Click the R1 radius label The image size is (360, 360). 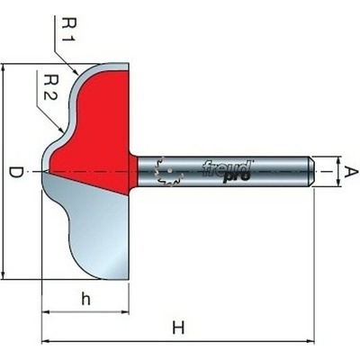click(68, 30)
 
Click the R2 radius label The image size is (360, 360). click(50, 87)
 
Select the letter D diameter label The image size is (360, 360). click(15, 172)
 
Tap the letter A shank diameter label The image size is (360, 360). click(351, 172)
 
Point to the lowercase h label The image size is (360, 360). click(85, 299)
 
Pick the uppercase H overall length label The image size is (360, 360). click(178, 328)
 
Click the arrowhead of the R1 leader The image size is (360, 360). click(76, 71)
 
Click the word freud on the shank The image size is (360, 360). click(227, 168)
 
